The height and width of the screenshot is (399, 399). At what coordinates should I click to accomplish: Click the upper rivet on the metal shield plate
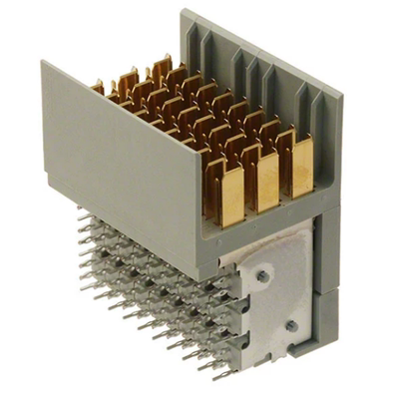tap(262, 274)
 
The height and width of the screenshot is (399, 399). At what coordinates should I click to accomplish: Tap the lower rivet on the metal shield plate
tap(290, 325)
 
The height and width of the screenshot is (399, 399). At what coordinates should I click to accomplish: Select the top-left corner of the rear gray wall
tap(183, 13)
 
